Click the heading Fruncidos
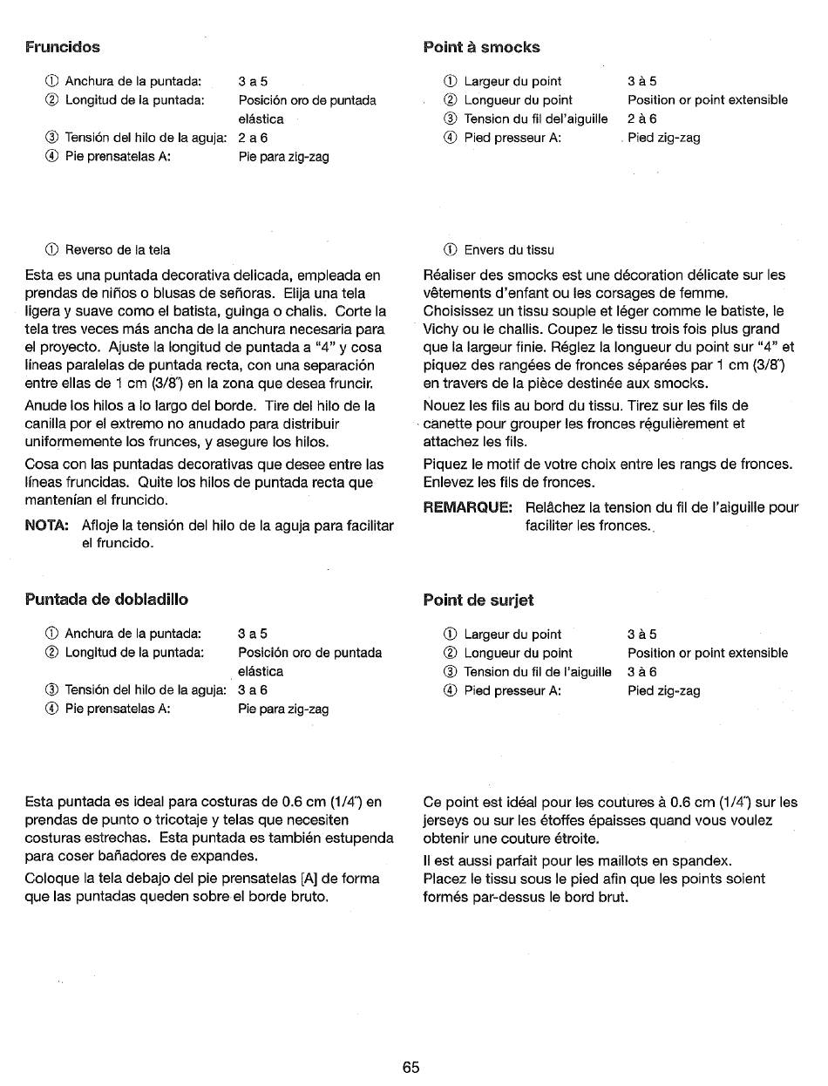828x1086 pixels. tap(63, 47)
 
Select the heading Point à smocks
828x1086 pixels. tap(481, 47)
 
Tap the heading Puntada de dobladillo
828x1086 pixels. tap(107, 599)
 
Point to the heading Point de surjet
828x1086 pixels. tap(478, 600)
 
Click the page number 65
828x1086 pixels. tap(411, 1068)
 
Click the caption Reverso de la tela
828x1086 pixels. tap(118, 250)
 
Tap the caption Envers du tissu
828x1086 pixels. tap(508, 250)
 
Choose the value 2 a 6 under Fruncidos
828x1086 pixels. tap(253, 138)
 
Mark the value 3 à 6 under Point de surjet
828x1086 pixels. tap(641, 672)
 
